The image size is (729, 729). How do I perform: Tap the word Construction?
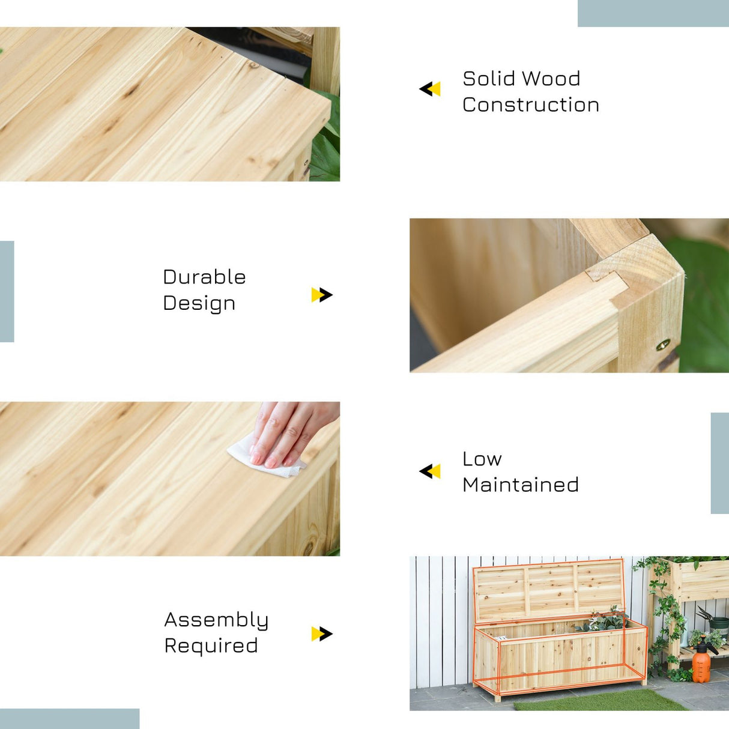[531, 105]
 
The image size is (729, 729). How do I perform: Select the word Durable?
[204, 277]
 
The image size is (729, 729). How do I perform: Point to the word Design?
[199, 304]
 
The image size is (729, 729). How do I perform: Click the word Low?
[482, 459]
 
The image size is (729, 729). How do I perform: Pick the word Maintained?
[521, 485]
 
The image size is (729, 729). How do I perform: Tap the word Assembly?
[216, 621]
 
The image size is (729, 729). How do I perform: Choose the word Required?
[211, 646]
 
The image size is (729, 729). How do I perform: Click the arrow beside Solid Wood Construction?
[430, 89]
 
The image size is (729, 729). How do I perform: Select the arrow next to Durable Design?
[322, 295]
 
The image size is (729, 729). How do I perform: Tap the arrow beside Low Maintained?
[430, 471]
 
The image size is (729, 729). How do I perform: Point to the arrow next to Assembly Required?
[322, 634]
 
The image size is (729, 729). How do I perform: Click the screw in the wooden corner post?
[662, 345]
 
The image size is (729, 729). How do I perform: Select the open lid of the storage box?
[548, 591]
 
